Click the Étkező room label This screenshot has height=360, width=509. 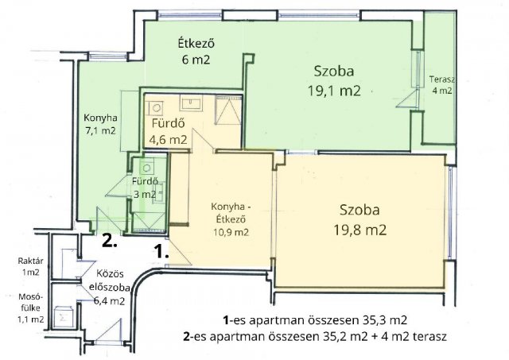[x=196, y=43]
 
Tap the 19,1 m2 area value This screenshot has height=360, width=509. [x=334, y=91]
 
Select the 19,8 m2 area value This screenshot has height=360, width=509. [x=360, y=230]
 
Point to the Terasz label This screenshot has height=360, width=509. [x=441, y=79]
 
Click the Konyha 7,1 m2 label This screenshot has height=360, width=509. [x=100, y=124]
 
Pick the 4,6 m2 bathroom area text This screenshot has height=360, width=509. [x=168, y=140]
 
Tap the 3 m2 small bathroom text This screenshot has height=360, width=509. [x=145, y=195]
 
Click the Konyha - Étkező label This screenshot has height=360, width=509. [x=231, y=213]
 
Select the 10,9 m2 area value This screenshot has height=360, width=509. [x=231, y=232]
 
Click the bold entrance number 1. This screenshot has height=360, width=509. [x=161, y=251]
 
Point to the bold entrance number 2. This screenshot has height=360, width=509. [x=110, y=241]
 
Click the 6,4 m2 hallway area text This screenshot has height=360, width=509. [x=110, y=301]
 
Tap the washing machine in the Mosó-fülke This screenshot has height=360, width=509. [x=63, y=317]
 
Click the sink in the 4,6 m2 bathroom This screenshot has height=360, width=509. [x=192, y=103]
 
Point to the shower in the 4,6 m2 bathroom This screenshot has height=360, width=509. [x=228, y=110]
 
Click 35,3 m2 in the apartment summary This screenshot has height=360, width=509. [x=383, y=320]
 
